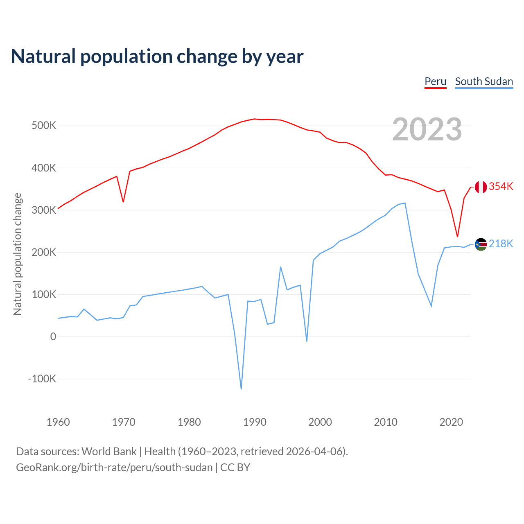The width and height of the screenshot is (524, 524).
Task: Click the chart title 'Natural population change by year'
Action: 157,56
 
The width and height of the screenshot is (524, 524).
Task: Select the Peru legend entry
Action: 435,81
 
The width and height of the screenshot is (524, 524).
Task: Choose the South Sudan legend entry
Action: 484,81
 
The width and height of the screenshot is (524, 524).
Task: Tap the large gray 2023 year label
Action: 427,129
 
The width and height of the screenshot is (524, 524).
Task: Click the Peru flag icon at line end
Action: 481,187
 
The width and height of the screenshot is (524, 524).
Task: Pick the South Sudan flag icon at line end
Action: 481,244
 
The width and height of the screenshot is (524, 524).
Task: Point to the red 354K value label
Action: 501,187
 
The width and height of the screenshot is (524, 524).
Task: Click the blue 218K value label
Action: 501,244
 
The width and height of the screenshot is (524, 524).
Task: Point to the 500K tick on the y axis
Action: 44,126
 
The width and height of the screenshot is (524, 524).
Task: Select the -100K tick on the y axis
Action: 42,379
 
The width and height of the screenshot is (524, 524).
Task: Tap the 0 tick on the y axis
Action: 53,337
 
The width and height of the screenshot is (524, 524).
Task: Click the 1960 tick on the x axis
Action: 58,422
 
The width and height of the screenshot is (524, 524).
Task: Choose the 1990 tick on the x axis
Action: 255,422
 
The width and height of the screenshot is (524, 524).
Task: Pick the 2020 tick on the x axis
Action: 451,422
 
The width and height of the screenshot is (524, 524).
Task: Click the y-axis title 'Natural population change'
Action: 18,254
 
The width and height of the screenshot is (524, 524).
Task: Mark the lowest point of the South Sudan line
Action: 241,389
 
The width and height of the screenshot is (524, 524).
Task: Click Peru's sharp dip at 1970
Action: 123,202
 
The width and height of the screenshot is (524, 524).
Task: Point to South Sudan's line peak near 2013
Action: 405,203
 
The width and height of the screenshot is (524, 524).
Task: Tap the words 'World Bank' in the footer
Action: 109,452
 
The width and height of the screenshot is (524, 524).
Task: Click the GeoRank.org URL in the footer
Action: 114,468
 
